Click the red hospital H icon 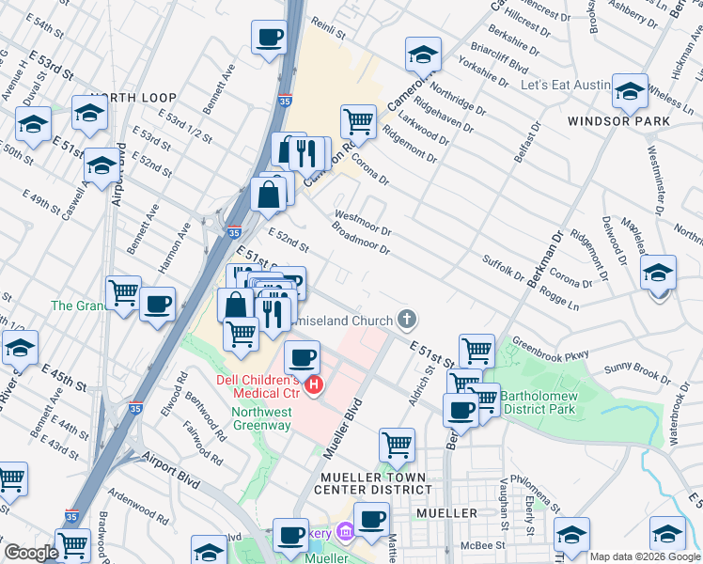click(x=315, y=385)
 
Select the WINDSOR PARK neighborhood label click(x=618, y=121)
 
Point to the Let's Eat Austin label click(x=566, y=85)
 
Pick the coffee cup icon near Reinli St click(x=269, y=38)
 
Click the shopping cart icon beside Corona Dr click(x=357, y=121)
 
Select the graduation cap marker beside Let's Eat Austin click(x=630, y=91)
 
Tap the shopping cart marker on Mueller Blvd click(x=398, y=446)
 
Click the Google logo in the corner click(x=30, y=553)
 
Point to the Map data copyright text click(x=645, y=556)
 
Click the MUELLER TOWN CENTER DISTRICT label click(x=373, y=483)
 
